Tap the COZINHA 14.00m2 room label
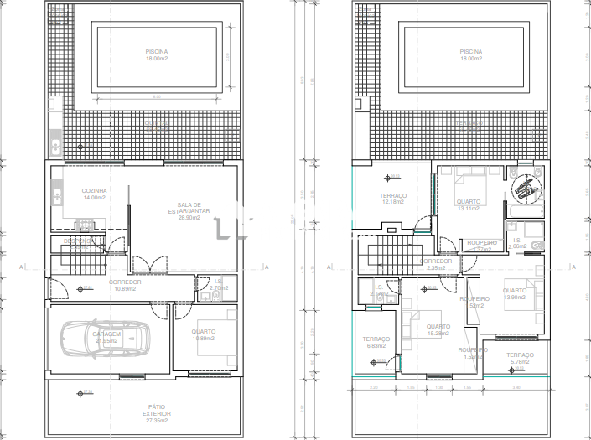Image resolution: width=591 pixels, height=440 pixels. [94, 194]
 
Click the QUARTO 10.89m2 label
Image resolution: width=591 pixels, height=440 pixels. [204, 334]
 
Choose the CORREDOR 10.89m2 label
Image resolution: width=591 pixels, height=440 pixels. [125, 286]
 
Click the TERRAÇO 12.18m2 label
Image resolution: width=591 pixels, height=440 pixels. [393, 199]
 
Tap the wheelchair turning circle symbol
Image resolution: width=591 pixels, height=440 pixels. [526, 187]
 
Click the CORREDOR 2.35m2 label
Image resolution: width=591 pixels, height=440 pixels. [436, 264]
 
